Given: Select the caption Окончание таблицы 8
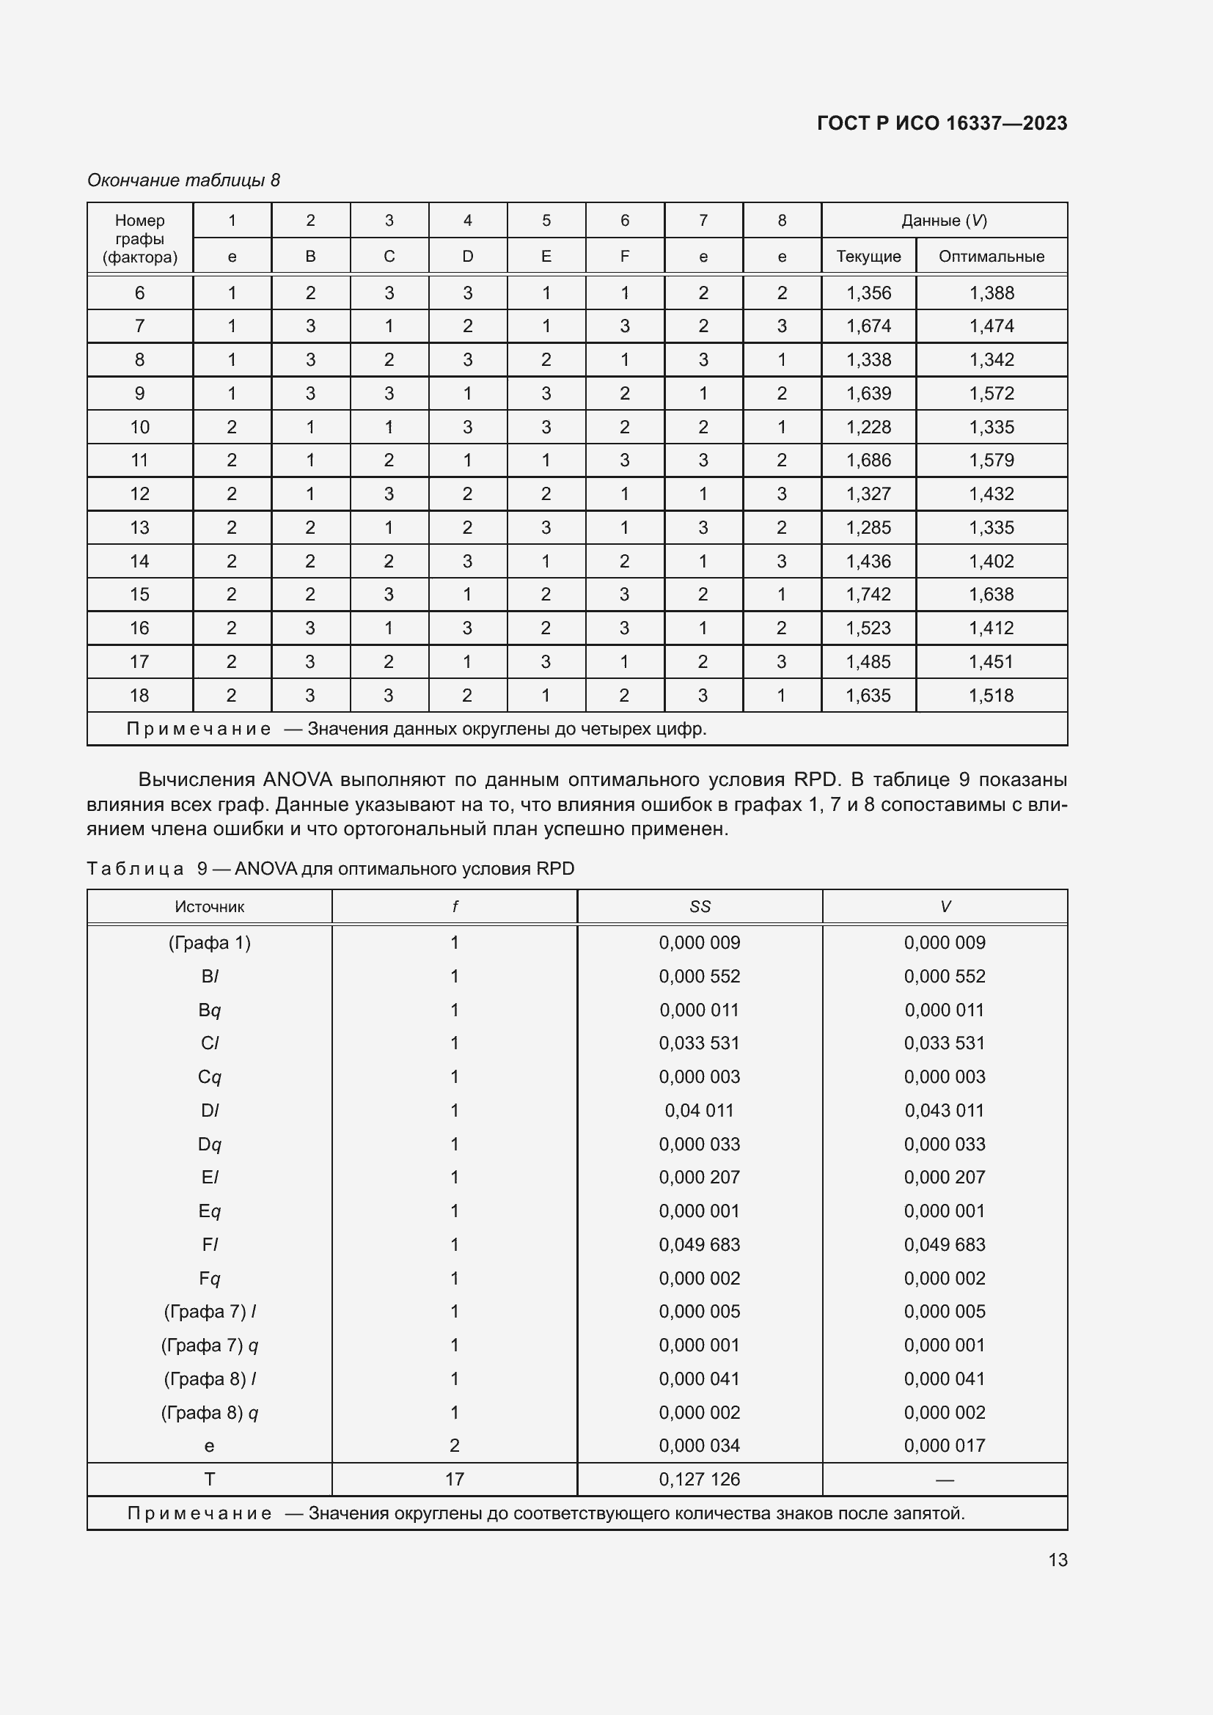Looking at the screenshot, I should point(184,180).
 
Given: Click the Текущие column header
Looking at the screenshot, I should point(868,256).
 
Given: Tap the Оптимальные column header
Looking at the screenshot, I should point(992,256).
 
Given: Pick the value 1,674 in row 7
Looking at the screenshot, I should point(868,326).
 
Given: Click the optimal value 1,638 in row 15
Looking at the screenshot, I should point(992,594).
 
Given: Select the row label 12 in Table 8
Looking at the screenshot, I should point(139,493).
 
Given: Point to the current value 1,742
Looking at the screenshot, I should point(868,594).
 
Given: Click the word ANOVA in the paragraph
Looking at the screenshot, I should point(297,780).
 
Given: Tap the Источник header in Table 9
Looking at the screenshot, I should point(209,907).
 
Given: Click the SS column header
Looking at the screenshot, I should point(700,907).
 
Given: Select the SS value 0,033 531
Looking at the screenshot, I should point(699,1043).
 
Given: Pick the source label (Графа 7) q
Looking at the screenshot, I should point(209,1345).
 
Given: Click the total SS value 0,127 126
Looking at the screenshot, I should point(699,1479).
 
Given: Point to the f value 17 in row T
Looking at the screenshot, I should point(454,1479).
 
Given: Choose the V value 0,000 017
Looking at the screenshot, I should point(944,1445).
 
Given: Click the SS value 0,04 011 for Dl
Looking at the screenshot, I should point(699,1110).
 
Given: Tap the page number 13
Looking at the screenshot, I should point(1058,1560).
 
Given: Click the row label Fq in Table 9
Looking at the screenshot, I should point(209,1278).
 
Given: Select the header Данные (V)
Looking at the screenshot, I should point(944,221).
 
